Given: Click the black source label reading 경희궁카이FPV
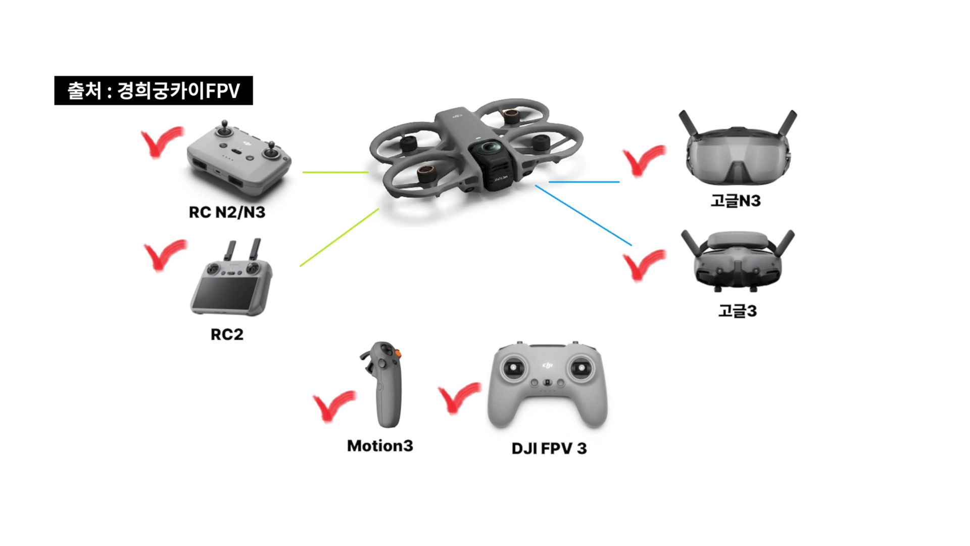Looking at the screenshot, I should coord(154,90).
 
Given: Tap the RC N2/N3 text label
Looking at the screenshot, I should coord(227,212).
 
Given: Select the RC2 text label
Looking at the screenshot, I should coord(227,335).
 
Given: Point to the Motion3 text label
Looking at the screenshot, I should coord(380,446).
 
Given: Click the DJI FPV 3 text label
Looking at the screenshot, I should coord(549,448).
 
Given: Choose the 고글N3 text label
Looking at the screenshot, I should coord(736,201).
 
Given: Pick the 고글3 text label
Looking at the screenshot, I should coord(738,311).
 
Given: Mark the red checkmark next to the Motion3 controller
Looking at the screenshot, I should coord(332,405).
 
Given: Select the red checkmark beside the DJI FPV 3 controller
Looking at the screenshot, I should coord(457,397).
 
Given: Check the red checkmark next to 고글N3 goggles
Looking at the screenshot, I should coord(642,160).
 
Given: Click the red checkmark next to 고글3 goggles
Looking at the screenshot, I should coord(642,264).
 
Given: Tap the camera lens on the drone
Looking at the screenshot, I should coord(490,147).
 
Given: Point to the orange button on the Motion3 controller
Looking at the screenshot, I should coord(398,353).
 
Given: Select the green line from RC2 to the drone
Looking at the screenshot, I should coord(339,237).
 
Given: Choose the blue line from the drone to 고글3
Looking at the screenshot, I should coord(583,215).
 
